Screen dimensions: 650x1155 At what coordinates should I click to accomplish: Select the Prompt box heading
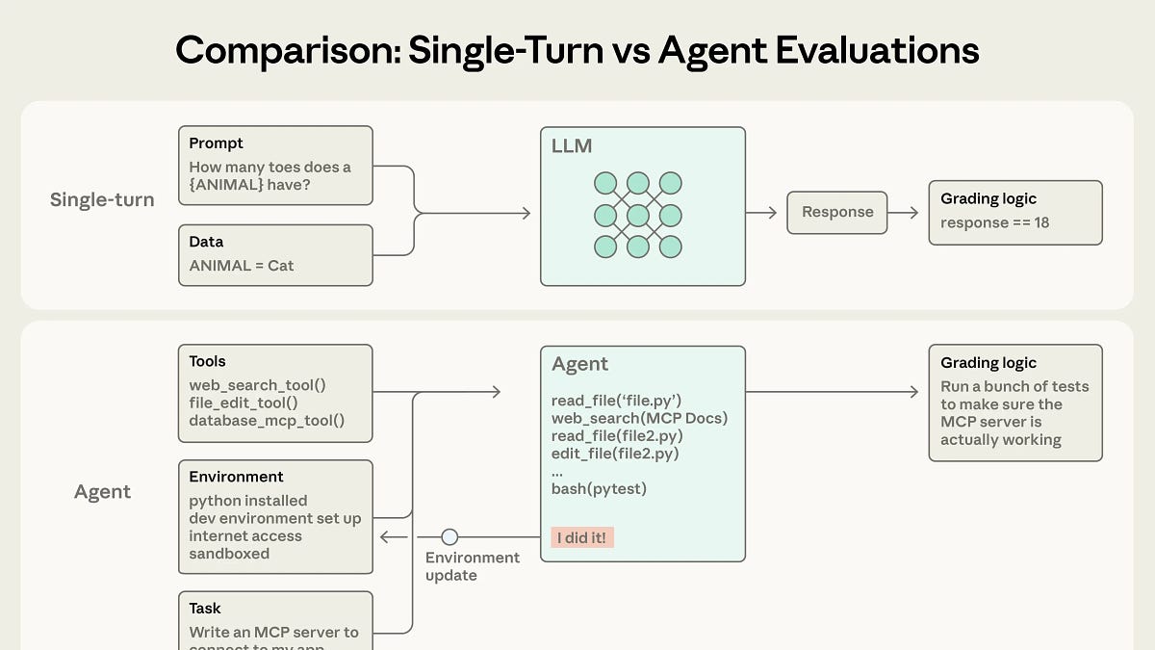click(216, 143)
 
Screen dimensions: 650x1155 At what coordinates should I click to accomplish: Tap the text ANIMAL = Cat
click(241, 265)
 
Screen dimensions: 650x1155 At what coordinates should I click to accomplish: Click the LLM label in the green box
click(572, 147)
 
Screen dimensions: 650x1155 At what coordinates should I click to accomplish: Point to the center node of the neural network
click(637, 214)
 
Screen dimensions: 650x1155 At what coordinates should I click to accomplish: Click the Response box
click(837, 212)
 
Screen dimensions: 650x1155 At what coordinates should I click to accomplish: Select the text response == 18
click(994, 222)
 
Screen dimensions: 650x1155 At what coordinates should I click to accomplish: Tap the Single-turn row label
click(102, 200)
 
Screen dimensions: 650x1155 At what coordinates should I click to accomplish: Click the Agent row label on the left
click(102, 492)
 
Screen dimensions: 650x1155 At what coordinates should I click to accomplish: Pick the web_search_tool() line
click(257, 385)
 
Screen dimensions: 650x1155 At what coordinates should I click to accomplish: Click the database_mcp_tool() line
click(267, 420)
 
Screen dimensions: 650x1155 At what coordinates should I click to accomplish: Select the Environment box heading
click(236, 477)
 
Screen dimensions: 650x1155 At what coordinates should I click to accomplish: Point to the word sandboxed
click(229, 554)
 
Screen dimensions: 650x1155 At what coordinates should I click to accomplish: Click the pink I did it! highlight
click(582, 537)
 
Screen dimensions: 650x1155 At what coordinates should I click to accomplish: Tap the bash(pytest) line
click(599, 489)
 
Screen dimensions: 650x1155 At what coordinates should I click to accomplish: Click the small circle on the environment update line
click(449, 537)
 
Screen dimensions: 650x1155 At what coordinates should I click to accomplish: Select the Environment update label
click(472, 566)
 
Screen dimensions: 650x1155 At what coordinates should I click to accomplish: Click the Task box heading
click(204, 609)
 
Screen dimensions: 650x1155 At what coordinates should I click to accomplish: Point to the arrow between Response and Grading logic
click(904, 213)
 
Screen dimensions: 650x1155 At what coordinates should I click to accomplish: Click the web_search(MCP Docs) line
click(639, 418)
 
